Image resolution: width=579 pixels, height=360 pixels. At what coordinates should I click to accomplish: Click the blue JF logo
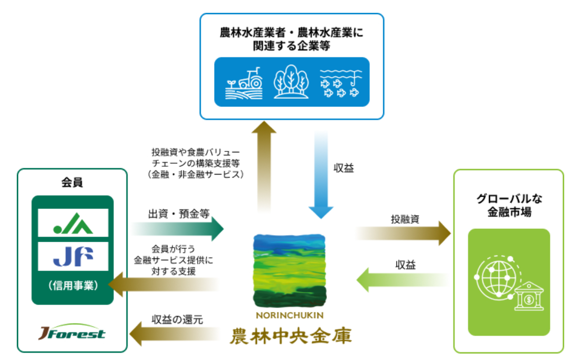(73, 255)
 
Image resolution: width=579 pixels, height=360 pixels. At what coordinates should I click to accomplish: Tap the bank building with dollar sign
(528, 296)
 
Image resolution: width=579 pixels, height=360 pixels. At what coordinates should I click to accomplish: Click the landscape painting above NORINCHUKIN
(289, 270)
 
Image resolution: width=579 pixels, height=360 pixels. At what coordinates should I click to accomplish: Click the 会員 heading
(72, 183)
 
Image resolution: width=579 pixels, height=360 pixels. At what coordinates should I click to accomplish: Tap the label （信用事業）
(72, 286)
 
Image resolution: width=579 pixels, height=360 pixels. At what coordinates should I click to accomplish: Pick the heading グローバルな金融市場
(508, 206)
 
